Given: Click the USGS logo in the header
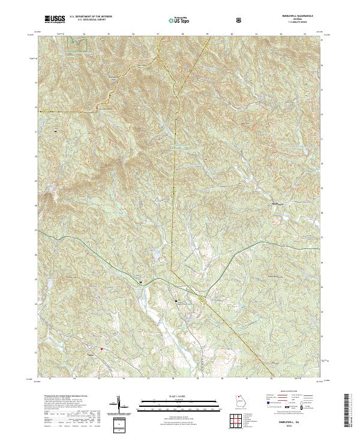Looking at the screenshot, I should tap(53, 19).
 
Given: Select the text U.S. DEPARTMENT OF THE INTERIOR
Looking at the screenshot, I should tap(91, 17).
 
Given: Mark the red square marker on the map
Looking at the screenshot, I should tap(102, 349).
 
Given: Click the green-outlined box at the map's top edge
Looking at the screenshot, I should tap(76, 40).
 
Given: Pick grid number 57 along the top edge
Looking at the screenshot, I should tap(158, 35).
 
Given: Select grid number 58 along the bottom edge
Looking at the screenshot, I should tap(173, 379).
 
